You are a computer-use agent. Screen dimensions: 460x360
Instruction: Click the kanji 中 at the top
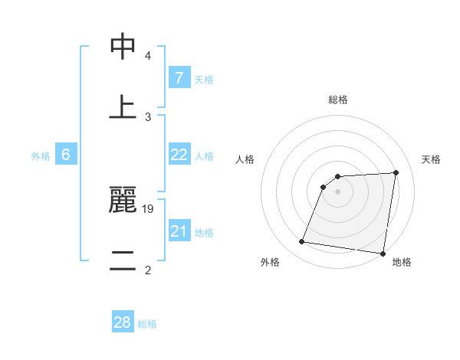pyautogui.click(x=123, y=47)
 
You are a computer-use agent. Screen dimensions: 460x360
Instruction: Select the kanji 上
pyautogui.click(x=123, y=106)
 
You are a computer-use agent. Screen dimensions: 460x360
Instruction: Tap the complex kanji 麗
pyautogui.click(x=123, y=201)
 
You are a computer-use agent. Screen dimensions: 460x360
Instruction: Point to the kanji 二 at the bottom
pyautogui.click(x=123, y=260)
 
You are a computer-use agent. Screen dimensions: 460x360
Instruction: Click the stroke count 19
pyautogui.click(x=149, y=208)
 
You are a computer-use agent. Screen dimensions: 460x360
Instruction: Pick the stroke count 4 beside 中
pyautogui.click(x=148, y=56)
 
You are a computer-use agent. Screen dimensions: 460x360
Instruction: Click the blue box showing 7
pyautogui.click(x=179, y=78)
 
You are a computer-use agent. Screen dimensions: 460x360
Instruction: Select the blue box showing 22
pyautogui.click(x=179, y=155)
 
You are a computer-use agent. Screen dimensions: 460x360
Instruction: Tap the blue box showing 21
pyautogui.click(x=179, y=231)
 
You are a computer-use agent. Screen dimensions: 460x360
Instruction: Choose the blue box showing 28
pyautogui.click(x=123, y=322)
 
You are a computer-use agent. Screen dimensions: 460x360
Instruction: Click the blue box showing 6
pyautogui.click(x=66, y=155)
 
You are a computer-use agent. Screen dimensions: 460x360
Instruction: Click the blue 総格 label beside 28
pyautogui.click(x=147, y=324)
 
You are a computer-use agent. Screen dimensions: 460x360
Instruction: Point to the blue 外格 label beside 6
pyautogui.click(x=41, y=156)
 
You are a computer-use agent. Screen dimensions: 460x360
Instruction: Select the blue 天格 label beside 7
pyautogui.click(x=204, y=80)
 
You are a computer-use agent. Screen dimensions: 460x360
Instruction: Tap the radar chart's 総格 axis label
pyautogui.click(x=337, y=100)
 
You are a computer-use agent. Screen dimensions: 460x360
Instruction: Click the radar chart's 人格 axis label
pyautogui.click(x=245, y=159)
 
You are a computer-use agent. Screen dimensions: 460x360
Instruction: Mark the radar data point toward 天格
pyautogui.click(x=396, y=172)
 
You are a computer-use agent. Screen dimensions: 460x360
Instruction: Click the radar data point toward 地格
pyautogui.click(x=383, y=254)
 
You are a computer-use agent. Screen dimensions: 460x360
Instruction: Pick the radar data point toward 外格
pyautogui.click(x=302, y=242)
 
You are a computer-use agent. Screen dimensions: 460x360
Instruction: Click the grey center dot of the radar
pyautogui.click(x=337, y=191)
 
